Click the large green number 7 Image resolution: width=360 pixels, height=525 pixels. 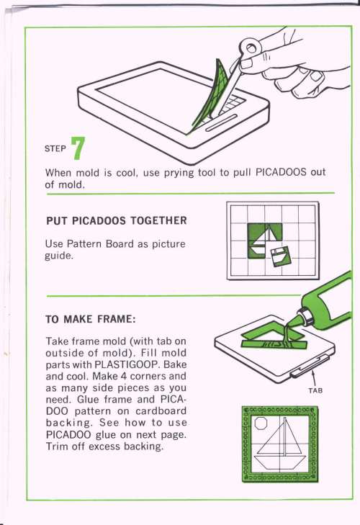(x=78, y=148)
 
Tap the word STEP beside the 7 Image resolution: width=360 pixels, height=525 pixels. (x=55, y=148)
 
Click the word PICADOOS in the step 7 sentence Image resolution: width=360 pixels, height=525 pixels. (x=281, y=172)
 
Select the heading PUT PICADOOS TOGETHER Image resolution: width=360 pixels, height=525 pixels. (x=117, y=220)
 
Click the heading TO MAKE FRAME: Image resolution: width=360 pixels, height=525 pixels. (x=91, y=319)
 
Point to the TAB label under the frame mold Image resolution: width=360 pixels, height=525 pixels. (x=315, y=390)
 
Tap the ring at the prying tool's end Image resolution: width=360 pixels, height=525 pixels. (x=249, y=48)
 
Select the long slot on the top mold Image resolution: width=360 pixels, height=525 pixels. (x=221, y=122)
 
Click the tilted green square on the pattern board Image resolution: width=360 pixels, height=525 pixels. (x=280, y=256)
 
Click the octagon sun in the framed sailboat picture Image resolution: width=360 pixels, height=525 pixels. (x=261, y=423)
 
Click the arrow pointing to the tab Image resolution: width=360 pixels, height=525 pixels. (x=314, y=377)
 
